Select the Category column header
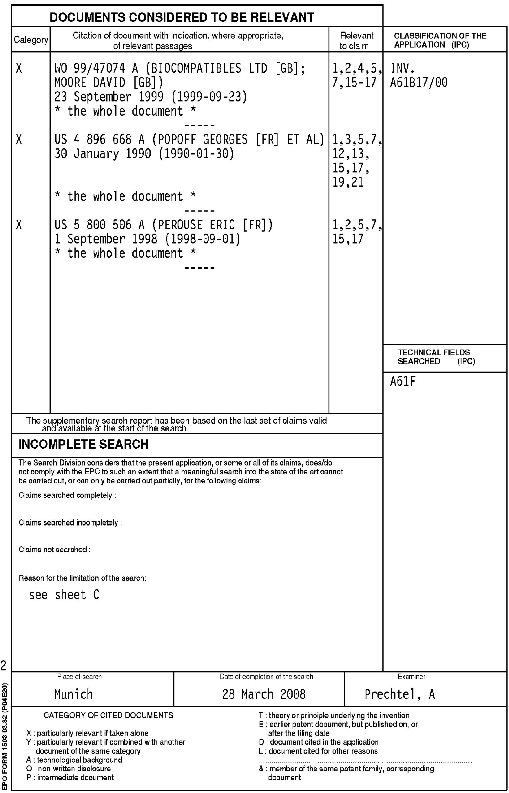coord(31,40)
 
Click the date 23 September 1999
coord(109,97)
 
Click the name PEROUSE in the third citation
coord(180,225)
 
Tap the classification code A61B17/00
coord(419,83)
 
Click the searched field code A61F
coord(403,382)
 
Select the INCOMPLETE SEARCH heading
coord(84,444)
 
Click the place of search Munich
coord(73,694)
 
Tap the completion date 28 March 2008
coord(264,694)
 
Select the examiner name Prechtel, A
coord(399,694)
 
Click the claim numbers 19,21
coord(348,182)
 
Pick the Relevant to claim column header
coord(356,40)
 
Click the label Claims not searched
coord(54,550)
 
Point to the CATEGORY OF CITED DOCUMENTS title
coord(108,716)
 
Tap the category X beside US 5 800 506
coord(19,225)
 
